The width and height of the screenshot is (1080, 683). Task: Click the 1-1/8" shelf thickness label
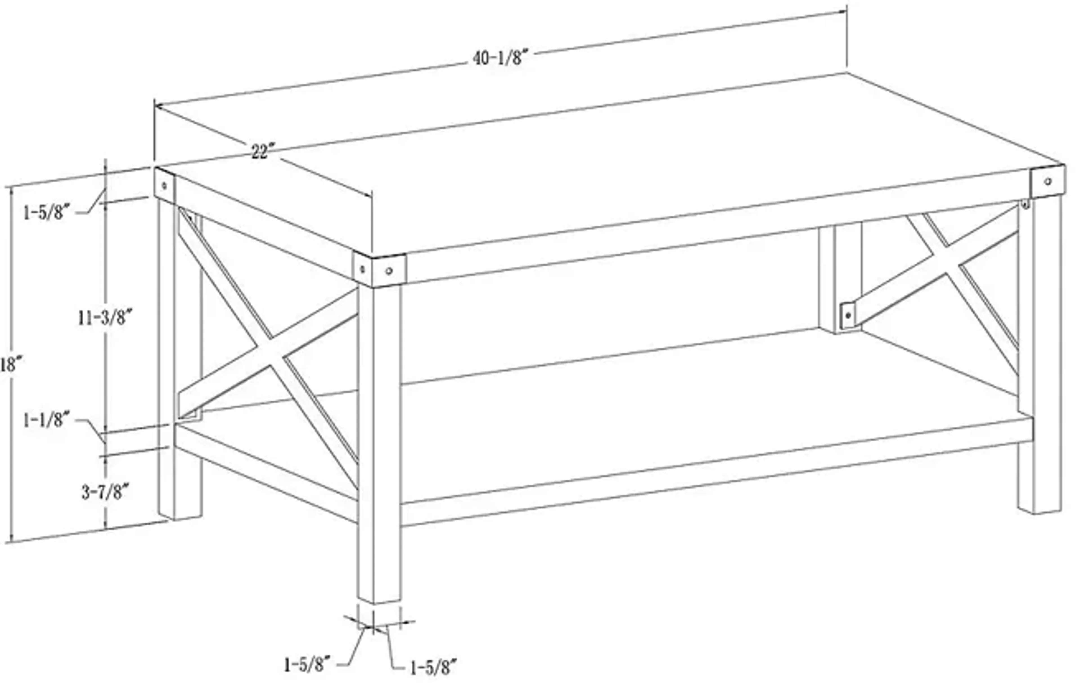pos(46,420)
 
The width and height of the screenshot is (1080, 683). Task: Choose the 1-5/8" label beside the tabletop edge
pos(47,212)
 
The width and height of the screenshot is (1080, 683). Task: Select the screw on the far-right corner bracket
pos(1048,181)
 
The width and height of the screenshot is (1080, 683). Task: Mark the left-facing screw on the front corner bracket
pos(363,269)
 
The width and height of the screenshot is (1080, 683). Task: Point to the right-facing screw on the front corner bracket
pos(389,271)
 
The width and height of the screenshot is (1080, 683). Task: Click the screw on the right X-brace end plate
pos(848,315)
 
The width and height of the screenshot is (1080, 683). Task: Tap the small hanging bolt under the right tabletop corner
pos(1025,205)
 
